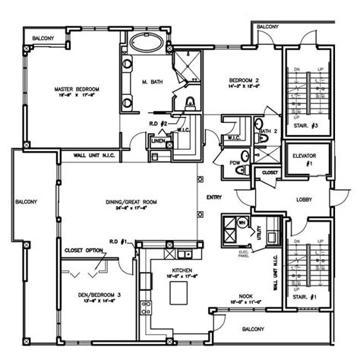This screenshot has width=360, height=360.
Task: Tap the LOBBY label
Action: pyautogui.click(x=305, y=200)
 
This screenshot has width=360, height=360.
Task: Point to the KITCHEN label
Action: pyautogui.click(x=182, y=272)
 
